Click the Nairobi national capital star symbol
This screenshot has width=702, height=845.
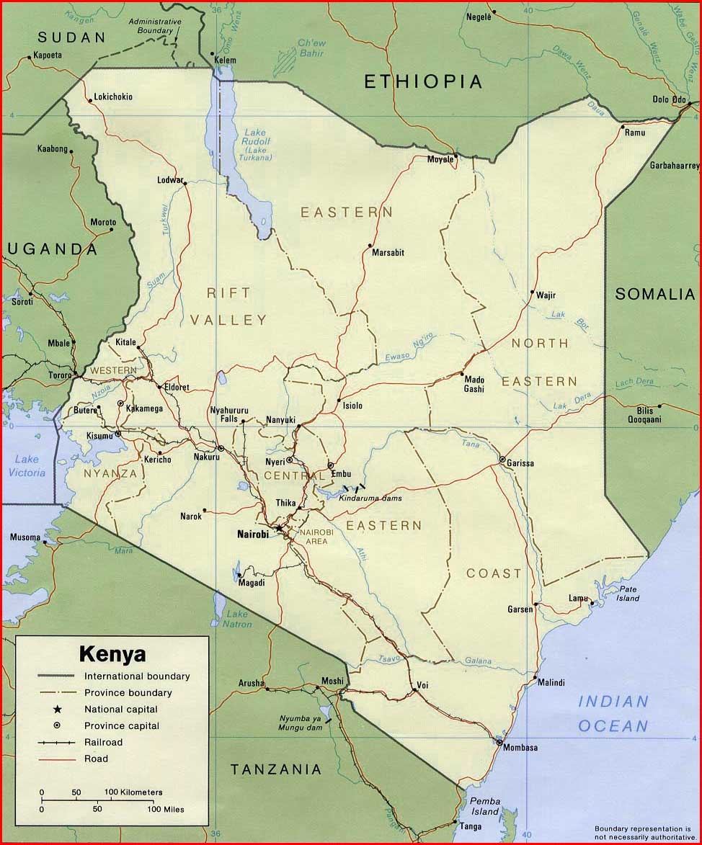coord(279,528)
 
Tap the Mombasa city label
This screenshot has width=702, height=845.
coord(520,748)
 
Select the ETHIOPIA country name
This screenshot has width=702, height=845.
coord(422,81)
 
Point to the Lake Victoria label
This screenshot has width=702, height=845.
coord(27,466)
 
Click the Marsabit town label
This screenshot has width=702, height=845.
coord(388,253)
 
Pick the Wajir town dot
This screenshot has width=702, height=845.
coord(532,293)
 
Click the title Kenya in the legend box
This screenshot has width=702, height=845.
coord(112,655)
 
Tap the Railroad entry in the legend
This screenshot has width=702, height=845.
coord(103,742)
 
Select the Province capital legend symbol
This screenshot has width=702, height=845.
coord(57,725)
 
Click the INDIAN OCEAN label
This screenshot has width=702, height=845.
coord(613,713)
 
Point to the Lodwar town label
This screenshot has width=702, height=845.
coord(170,180)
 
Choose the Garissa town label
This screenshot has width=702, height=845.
coord(520,463)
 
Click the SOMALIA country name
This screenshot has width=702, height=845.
coord(655,294)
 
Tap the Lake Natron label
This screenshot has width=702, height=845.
coord(239,619)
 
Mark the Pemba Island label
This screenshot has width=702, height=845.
coord(484,806)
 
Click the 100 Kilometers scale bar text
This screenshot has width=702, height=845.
coord(133,792)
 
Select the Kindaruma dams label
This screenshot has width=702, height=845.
coord(370,498)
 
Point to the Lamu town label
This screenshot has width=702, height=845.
coord(578,599)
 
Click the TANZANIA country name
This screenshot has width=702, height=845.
coord(276,770)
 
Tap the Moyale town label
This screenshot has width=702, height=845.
coord(440,159)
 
